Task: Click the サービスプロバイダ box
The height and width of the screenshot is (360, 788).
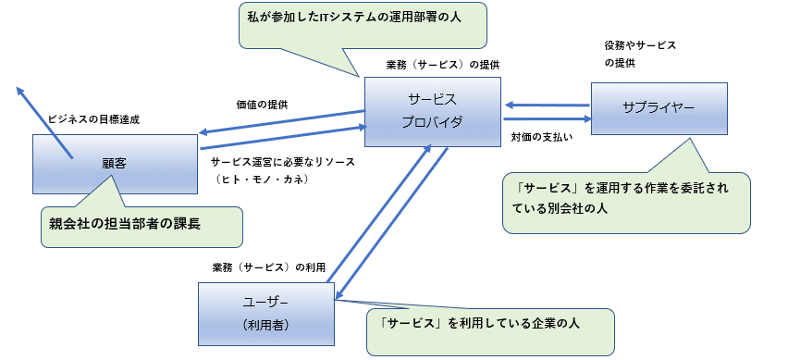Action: pyautogui.click(x=433, y=111)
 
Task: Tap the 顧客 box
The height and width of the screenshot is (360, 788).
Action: pyautogui.click(x=115, y=161)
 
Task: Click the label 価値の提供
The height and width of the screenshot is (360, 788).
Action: pyautogui.click(x=262, y=105)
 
